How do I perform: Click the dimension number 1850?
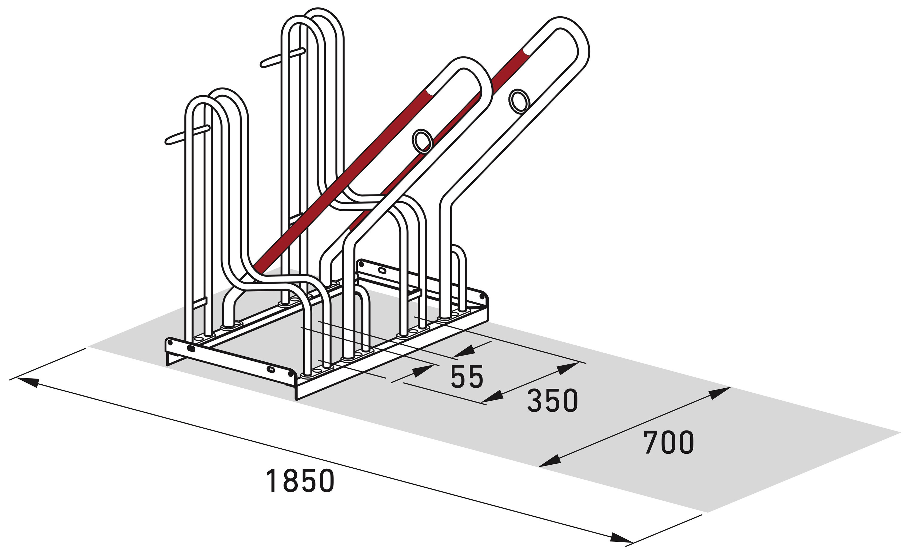coord(300,481)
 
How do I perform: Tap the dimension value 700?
coord(668,442)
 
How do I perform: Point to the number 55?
coord(467,376)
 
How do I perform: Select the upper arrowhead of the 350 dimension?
coord(568,368)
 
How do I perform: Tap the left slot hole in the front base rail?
coord(192,348)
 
